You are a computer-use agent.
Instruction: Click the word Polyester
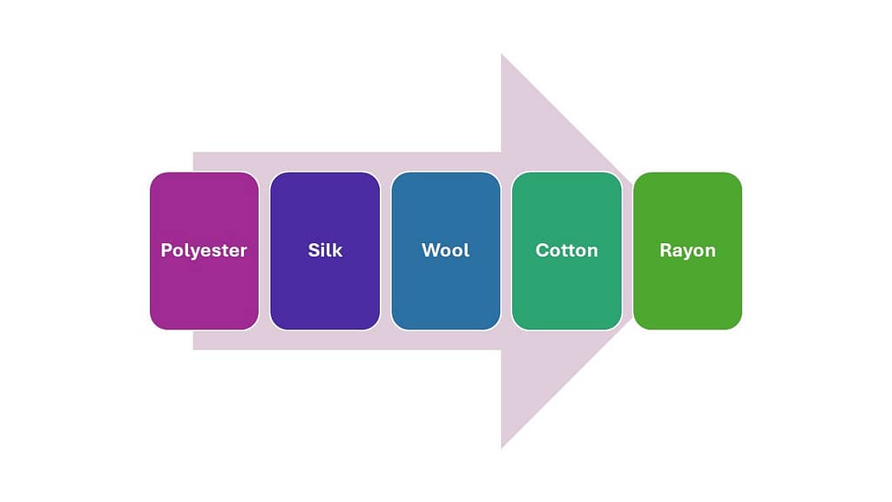click(204, 250)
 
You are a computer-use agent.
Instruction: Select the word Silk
click(325, 250)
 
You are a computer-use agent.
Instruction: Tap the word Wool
click(445, 250)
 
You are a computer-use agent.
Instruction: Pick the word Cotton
click(566, 250)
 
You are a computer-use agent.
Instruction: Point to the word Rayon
click(687, 250)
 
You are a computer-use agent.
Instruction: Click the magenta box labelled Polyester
click(204, 251)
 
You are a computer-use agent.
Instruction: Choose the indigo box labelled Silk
click(325, 251)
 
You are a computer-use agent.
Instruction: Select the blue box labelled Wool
click(446, 251)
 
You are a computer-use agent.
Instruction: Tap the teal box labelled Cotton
click(566, 251)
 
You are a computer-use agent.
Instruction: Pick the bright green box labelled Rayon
click(688, 251)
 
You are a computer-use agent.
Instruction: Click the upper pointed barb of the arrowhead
click(502, 55)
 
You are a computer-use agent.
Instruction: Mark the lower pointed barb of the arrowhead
click(502, 447)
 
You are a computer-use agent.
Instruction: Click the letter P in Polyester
click(166, 250)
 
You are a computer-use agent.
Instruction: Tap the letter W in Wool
click(430, 250)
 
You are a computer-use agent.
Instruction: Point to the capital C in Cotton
click(542, 250)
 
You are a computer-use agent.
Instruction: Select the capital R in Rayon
click(666, 250)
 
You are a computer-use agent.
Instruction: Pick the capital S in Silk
click(314, 250)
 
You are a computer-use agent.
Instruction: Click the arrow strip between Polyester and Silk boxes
click(265, 251)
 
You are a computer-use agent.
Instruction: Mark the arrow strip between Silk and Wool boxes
click(386, 251)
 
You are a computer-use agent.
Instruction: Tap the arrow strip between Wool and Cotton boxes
click(506, 251)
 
